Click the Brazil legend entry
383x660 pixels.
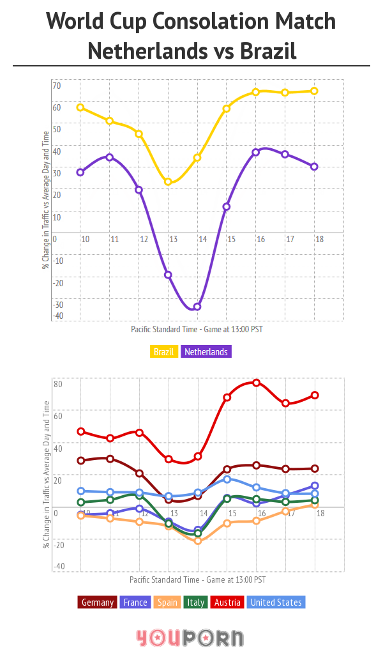pos(165,351)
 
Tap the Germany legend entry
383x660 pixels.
pos(98,602)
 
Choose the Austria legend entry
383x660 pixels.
pos(228,602)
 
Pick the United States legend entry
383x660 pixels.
pos(276,602)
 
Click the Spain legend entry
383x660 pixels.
pos(167,602)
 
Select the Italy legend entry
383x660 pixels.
pos(196,602)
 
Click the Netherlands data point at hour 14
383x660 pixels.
pos(197,307)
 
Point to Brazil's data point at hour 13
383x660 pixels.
pos(169,182)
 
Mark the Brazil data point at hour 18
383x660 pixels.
pos(314,91)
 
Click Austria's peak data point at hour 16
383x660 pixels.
pos(256,383)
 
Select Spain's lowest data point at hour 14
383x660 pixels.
pos(198,541)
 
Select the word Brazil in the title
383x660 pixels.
pos(268,50)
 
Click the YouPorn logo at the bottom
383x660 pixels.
pos(190,637)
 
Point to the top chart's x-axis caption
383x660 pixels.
pos(197,330)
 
